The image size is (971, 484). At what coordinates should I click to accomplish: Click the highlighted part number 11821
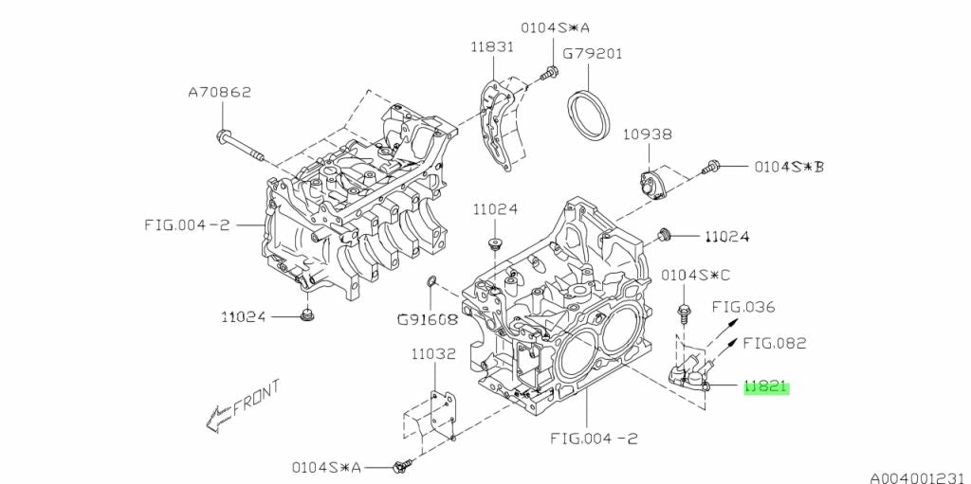tap(766, 387)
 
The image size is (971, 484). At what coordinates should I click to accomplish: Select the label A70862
tap(219, 93)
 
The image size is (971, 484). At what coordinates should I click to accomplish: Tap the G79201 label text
tap(593, 54)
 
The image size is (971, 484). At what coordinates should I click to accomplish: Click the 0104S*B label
tap(789, 167)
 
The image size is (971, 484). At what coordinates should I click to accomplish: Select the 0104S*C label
tap(696, 276)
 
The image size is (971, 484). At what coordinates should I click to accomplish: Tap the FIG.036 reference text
tap(744, 307)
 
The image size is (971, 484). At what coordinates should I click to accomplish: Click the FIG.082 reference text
tap(773, 343)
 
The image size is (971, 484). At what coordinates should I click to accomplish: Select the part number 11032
tap(433, 355)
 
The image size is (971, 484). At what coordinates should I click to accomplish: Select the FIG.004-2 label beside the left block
tap(186, 224)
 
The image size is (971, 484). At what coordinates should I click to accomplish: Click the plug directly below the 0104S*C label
tap(683, 310)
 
